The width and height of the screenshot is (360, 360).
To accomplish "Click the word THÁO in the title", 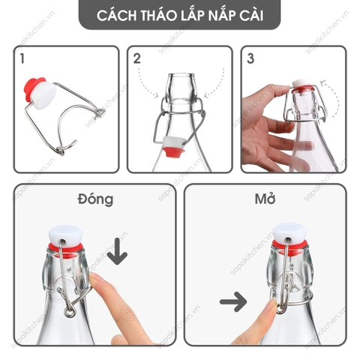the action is (x=158, y=16).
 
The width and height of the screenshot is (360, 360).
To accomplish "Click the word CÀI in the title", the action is (x=251, y=16).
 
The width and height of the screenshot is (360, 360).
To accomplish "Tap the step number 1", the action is (x=22, y=58).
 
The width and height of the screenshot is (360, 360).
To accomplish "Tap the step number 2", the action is (x=137, y=58).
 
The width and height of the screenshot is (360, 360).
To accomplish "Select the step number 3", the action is (x=250, y=58).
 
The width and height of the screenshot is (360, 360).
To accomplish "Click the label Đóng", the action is (x=95, y=199).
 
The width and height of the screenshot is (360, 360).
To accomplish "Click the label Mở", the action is (x=265, y=199).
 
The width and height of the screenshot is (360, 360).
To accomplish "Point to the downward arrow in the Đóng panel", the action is (x=117, y=251).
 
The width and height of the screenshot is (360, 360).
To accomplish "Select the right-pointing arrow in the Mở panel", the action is (x=233, y=301).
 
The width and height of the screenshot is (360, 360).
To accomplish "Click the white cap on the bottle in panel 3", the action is (x=301, y=83).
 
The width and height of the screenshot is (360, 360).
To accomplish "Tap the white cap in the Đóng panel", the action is (x=65, y=234).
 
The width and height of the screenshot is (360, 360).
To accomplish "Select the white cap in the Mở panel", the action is (x=290, y=232).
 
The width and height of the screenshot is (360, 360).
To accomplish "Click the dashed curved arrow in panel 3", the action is (x=335, y=99).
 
